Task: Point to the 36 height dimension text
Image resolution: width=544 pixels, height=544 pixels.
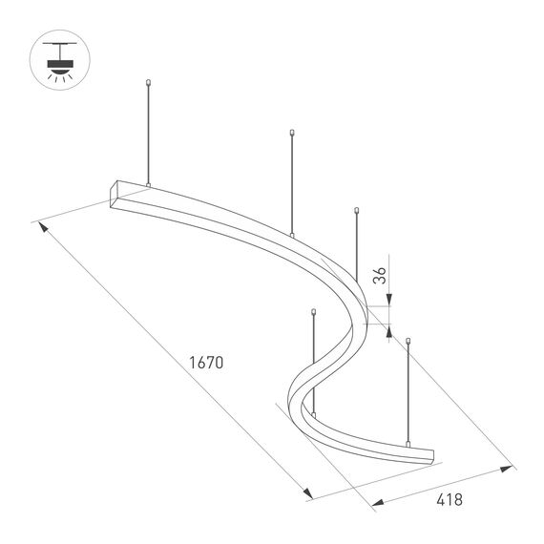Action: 379,278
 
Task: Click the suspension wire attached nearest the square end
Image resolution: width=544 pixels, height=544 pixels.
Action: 148,134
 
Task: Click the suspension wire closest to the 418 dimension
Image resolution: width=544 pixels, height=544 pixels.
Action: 408,391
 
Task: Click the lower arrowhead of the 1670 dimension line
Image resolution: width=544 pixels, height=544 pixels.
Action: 308,492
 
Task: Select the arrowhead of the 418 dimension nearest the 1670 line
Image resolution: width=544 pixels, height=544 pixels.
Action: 375,502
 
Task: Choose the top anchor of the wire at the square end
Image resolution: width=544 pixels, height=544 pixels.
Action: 148,84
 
